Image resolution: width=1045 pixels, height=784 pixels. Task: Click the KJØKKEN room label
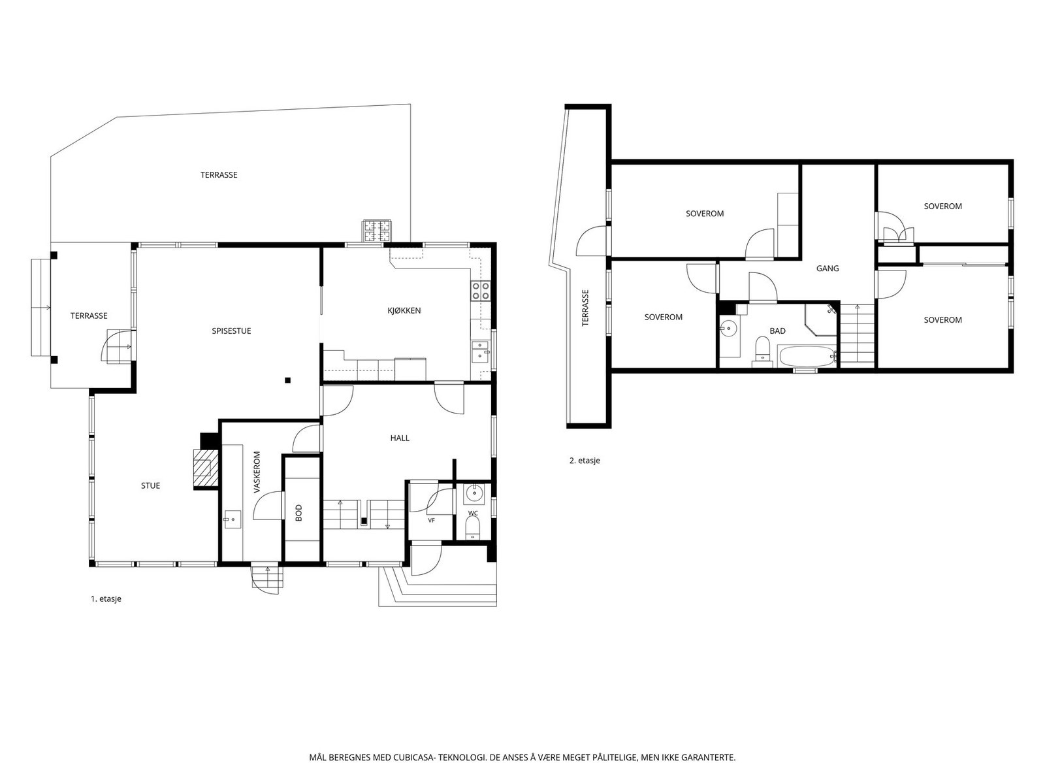pyautogui.click(x=404, y=310)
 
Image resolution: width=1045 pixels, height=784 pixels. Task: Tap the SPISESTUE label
pyautogui.click(x=231, y=331)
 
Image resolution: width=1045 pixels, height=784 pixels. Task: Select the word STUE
pyautogui.click(x=150, y=485)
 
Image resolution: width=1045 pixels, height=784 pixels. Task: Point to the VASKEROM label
pyautogui.click(x=257, y=472)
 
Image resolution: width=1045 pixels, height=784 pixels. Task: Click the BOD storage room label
pyautogui.click(x=298, y=513)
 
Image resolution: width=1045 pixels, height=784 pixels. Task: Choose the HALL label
pyautogui.click(x=400, y=438)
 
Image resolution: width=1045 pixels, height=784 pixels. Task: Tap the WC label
pyautogui.click(x=473, y=513)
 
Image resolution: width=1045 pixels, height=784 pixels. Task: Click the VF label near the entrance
pyautogui.click(x=431, y=520)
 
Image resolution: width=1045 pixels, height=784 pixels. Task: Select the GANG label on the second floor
pyautogui.click(x=828, y=269)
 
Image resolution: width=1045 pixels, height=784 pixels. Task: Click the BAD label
pyautogui.click(x=777, y=331)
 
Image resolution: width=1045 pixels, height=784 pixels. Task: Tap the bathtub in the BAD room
pyautogui.click(x=807, y=356)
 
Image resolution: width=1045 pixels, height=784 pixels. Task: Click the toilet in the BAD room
pyautogui.click(x=763, y=351)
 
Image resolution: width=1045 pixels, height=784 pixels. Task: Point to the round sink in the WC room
pyautogui.click(x=474, y=494)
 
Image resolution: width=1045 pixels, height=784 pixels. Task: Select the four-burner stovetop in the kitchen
pyautogui.click(x=480, y=290)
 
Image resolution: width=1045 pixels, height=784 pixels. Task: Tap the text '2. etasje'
pyautogui.click(x=585, y=461)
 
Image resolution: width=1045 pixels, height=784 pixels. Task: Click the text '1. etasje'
pyautogui.click(x=106, y=599)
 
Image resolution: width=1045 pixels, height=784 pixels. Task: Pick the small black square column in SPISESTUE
pyautogui.click(x=287, y=380)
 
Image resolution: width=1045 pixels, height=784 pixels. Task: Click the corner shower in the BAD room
pyautogui.click(x=821, y=319)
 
